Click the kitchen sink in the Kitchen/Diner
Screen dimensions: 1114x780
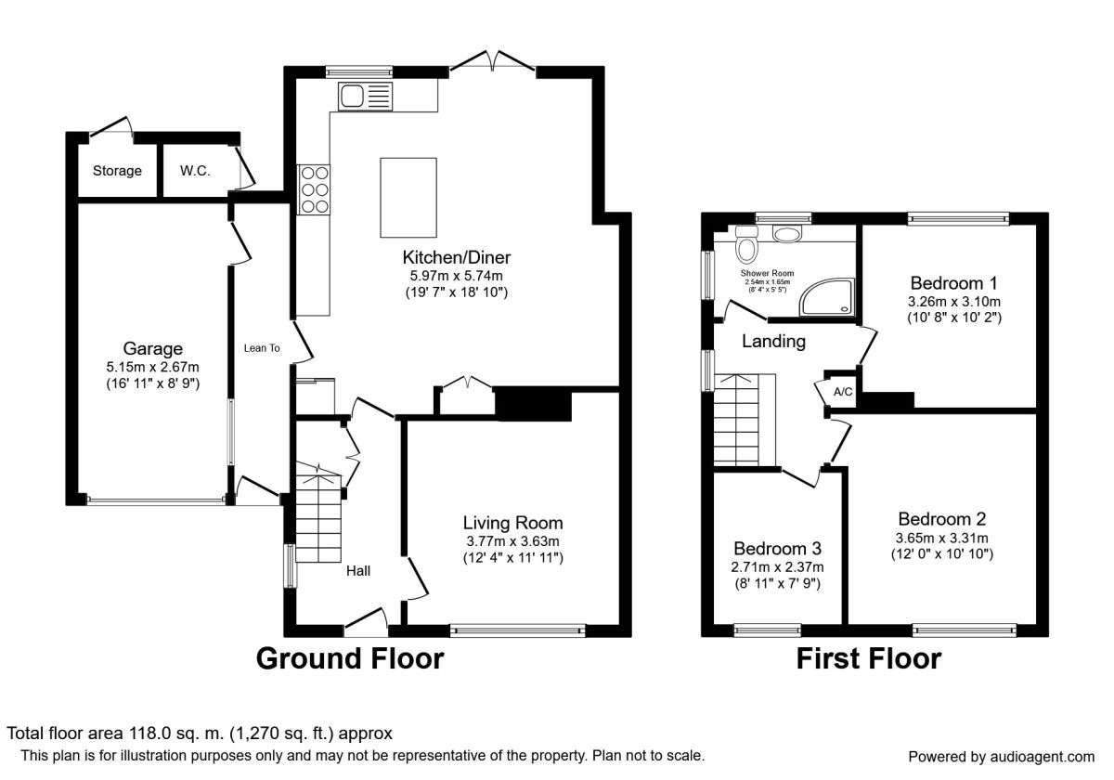365,97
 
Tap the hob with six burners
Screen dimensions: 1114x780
314,189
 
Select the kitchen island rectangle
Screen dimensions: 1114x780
408,198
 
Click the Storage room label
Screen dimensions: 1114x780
117,171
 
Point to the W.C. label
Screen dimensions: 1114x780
195,171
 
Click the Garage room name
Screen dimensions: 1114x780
152,348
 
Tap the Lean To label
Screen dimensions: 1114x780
262,348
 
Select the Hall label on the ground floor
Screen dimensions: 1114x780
358,570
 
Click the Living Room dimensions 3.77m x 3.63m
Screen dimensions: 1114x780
512,540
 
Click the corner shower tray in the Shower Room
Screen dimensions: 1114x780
826,296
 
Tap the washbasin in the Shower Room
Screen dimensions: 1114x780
787,234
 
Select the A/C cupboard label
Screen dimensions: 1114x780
843,392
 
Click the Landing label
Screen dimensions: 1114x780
773,342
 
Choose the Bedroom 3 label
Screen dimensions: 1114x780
777,548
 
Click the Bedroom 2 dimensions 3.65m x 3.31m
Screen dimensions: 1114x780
941,538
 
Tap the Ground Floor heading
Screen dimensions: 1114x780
350,658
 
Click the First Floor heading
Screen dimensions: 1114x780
869,658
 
